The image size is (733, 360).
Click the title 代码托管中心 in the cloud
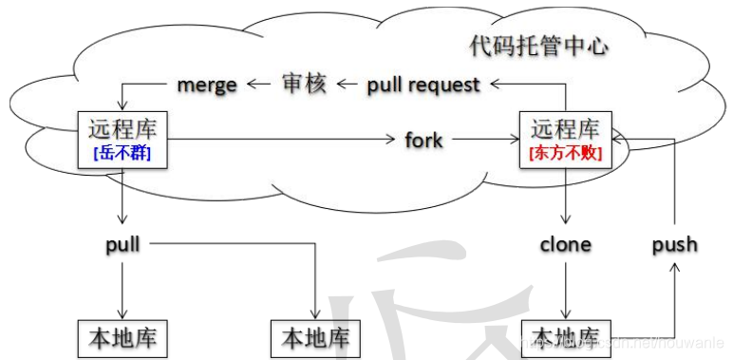point(538,45)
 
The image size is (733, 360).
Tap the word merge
point(207,85)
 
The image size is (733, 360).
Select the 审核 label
point(305,84)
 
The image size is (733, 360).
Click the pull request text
point(423,85)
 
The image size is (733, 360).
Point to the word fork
point(423,141)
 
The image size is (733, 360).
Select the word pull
point(123,244)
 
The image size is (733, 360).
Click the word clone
point(565,244)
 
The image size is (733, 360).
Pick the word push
point(674,244)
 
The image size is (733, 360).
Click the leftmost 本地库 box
point(123,338)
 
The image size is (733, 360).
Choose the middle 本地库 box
point(315,338)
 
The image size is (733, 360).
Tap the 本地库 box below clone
point(566,338)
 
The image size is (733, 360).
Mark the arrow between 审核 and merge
point(259,85)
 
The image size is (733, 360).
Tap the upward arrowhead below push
point(674,271)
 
